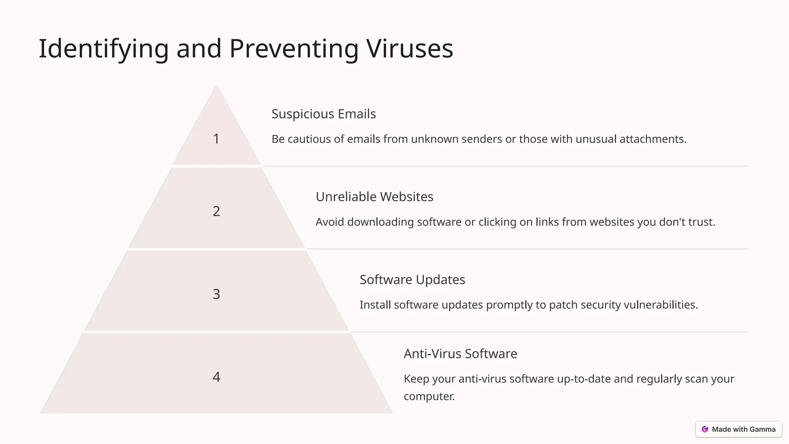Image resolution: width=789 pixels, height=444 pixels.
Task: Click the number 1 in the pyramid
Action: (x=216, y=139)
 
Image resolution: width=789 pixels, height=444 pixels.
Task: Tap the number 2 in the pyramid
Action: (x=216, y=211)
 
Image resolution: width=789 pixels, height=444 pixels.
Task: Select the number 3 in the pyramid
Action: (x=216, y=294)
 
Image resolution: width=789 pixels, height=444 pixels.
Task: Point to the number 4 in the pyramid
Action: (x=216, y=377)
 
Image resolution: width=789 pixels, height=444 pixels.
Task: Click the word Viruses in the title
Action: (x=410, y=49)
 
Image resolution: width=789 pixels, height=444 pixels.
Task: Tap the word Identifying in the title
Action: (x=104, y=49)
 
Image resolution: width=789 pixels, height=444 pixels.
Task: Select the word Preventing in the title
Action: (x=294, y=49)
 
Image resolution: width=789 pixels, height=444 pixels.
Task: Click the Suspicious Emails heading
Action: (x=324, y=114)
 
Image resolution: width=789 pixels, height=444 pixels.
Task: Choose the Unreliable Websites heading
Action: (x=374, y=197)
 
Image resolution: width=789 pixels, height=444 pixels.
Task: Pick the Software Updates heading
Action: (x=412, y=280)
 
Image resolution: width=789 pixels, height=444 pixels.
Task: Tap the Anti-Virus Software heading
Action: (x=460, y=354)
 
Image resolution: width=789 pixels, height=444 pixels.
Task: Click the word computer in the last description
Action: (x=428, y=397)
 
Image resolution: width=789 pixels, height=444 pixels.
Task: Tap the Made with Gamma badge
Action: (x=739, y=429)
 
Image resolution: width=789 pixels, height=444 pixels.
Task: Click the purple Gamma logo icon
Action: (x=705, y=429)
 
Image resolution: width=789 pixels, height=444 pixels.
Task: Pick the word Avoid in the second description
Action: (x=330, y=222)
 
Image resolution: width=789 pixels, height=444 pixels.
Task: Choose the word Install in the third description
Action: (x=375, y=305)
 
